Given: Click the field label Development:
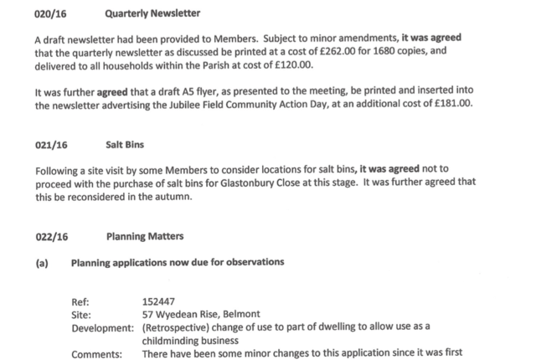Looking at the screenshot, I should pyautogui.click(x=103, y=327).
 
